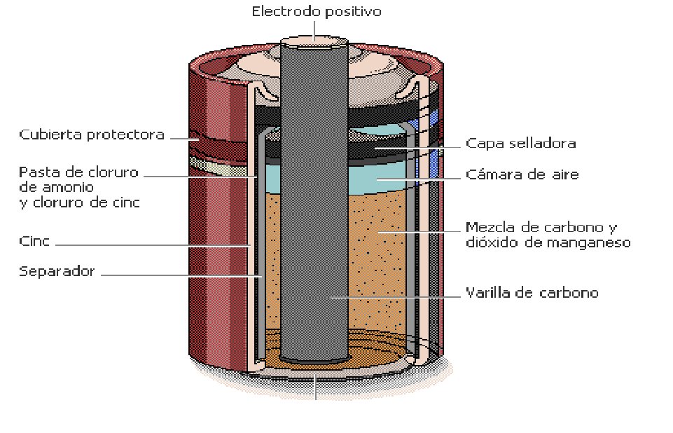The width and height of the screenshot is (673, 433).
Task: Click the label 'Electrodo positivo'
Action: [317, 11]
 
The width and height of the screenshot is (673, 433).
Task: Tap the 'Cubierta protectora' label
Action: [92, 135]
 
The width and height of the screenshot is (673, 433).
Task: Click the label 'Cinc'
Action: [34, 240]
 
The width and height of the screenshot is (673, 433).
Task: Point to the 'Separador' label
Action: [57, 271]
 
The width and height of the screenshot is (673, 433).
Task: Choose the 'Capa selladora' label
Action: [520, 143]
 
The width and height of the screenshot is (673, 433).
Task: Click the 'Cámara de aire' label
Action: [522, 174]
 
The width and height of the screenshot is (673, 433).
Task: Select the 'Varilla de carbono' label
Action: [532, 293]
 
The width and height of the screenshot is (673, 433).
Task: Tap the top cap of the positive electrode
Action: [314, 41]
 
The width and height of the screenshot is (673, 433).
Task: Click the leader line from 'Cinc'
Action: [153, 245]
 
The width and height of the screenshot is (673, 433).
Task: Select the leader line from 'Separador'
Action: [181, 276]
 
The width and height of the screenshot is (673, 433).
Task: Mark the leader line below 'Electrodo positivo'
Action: [314, 31]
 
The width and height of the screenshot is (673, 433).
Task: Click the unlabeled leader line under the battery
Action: [316, 387]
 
